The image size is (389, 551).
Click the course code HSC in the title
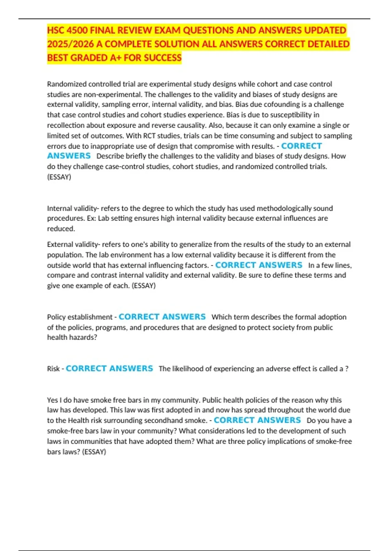55,30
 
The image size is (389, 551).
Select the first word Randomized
67,84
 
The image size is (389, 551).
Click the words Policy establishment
79,317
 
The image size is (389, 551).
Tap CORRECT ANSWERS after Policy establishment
162,317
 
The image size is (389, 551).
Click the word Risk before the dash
53,369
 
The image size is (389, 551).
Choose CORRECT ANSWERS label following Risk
109,369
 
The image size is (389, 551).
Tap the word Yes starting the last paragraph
52,400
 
